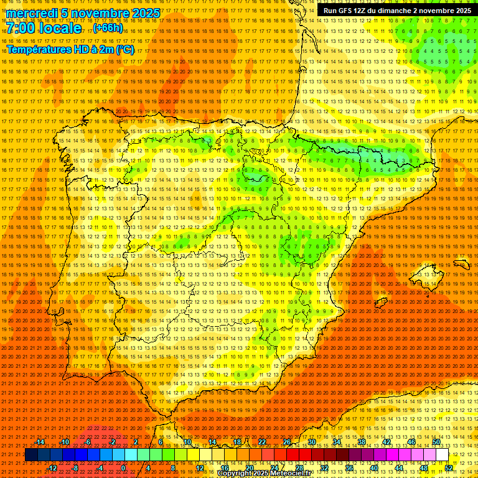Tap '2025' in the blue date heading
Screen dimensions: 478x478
(x=144, y=13)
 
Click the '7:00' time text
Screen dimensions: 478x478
(x=21, y=29)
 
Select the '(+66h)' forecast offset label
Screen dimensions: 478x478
(x=108, y=29)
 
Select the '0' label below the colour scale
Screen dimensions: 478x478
(x=123, y=468)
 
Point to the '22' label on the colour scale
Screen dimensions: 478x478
(x=262, y=442)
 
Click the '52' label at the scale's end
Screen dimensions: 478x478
(x=449, y=468)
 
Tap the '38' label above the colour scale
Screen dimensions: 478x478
(x=362, y=442)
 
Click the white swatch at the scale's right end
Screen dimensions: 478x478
(x=442, y=455)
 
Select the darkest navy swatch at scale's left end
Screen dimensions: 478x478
(x=31, y=455)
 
